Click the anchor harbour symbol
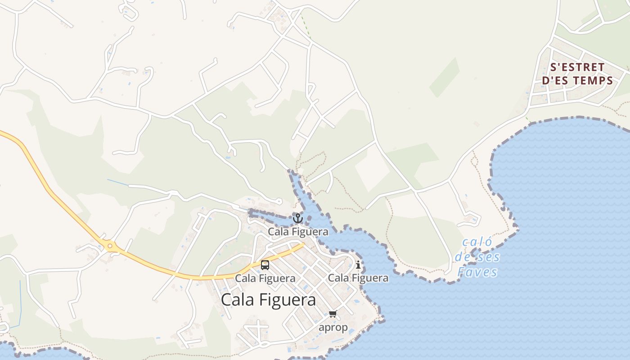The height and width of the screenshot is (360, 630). (x=298, y=218)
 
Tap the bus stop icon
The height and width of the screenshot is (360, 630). (x=265, y=265)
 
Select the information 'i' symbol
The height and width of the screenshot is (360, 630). (x=358, y=265)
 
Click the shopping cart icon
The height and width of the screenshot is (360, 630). (x=333, y=314)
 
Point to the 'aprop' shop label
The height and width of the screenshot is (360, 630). (x=333, y=327)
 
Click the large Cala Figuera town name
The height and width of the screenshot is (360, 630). (x=268, y=300)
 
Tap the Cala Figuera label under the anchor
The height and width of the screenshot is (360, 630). (x=298, y=232)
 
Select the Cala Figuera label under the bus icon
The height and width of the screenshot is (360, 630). (x=265, y=279)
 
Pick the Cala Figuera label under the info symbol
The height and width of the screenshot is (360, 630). (x=358, y=278)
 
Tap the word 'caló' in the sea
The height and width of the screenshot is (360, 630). (x=477, y=242)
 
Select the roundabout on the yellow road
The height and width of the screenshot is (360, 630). (x=110, y=246)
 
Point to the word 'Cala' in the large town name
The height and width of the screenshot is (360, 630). (x=238, y=300)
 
